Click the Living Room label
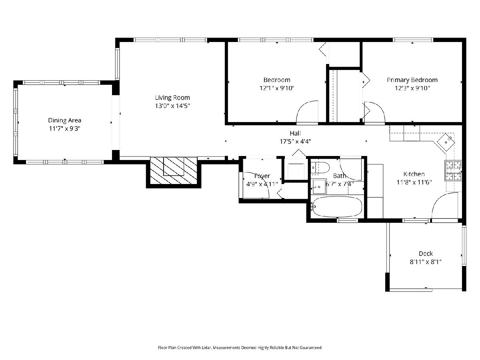(172, 98)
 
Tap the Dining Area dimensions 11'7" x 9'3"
(64, 128)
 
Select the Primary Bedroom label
(412, 80)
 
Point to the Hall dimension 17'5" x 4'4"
(295, 142)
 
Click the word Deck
(426, 254)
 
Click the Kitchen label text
(414, 174)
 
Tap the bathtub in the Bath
(337, 207)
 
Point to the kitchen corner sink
(446, 142)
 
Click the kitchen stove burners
(453, 170)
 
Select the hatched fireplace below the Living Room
(174, 170)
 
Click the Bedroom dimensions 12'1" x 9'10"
(277, 88)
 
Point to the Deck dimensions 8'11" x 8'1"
(426, 262)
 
